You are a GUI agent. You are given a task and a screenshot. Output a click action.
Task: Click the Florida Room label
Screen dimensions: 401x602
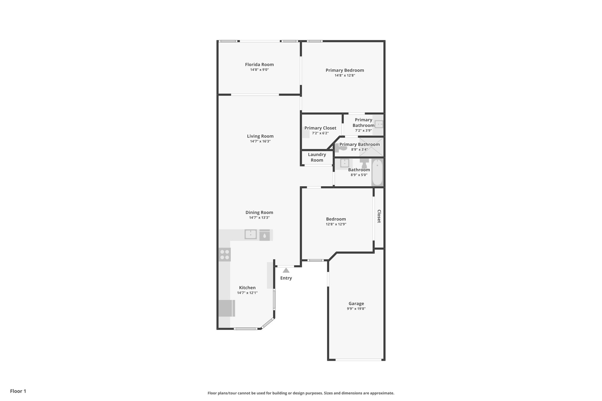[259, 65]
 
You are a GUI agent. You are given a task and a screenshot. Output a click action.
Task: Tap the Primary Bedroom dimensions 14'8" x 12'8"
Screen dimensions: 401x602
[345, 75]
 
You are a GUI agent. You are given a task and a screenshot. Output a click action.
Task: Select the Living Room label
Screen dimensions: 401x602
[260, 136]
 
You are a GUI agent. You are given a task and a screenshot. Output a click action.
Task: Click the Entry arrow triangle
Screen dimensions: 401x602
[286, 270]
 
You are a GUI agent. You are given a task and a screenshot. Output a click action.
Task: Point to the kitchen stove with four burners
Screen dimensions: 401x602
[225, 255]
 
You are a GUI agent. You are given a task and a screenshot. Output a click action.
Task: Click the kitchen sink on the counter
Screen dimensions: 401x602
[250, 234]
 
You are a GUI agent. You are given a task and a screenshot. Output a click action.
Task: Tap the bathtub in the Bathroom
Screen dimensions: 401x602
[377, 172]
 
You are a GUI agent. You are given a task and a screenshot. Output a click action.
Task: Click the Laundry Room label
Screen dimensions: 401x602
[317, 157]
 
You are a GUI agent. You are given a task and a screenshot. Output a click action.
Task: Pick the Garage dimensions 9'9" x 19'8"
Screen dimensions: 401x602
[356, 309]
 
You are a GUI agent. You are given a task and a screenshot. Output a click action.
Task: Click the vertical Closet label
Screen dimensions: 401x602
[379, 216]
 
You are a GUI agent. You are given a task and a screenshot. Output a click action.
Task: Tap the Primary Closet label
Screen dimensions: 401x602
[320, 128]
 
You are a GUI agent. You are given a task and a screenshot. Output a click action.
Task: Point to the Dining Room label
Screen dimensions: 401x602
[259, 213]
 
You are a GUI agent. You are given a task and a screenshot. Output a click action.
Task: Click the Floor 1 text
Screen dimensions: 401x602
[18, 391]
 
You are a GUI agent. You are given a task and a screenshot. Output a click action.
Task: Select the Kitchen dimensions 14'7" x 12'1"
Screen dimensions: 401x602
[247, 293]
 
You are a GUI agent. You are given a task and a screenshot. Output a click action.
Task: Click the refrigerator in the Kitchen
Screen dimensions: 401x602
[226, 308]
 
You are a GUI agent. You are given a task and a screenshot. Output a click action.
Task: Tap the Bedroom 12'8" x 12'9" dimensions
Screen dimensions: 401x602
[336, 224]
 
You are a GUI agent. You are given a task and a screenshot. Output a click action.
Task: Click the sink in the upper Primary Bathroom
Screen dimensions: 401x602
[379, 125]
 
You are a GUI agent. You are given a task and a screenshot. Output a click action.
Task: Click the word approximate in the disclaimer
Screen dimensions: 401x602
[382, 393]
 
